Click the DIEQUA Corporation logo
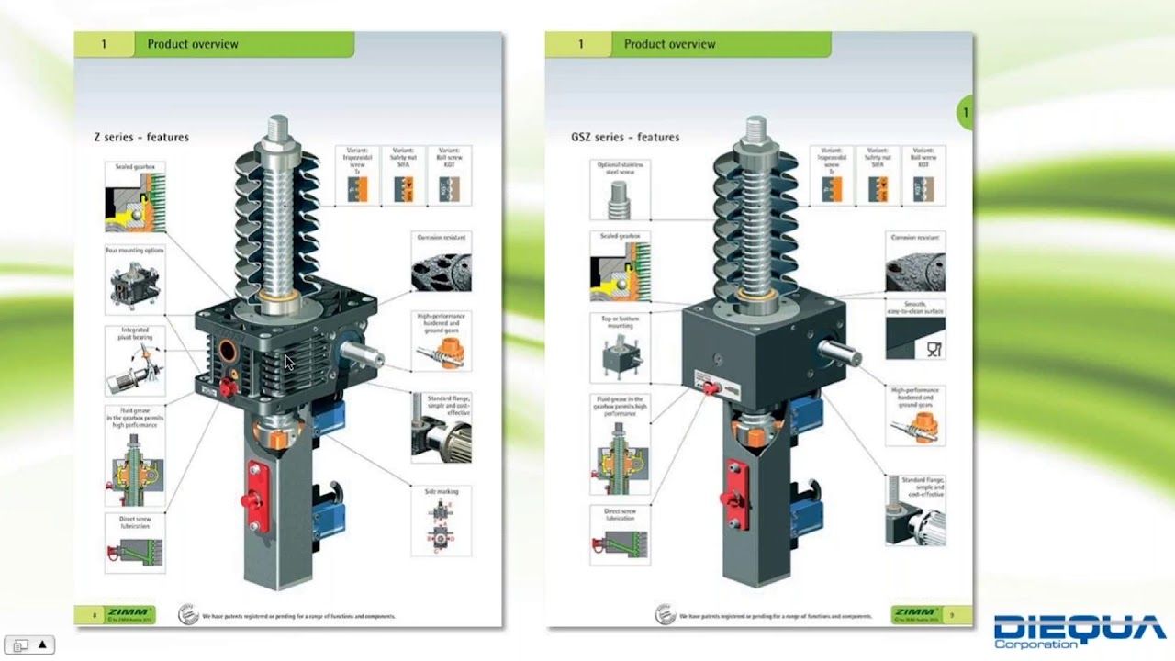coord(1080,632)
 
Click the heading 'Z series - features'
coord(141,137)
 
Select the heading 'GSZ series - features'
coord(625,137)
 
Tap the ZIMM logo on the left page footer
coord(129,613)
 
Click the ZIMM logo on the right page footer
coord(916,613)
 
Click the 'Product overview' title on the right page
coord(669,44)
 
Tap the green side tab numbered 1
coord(965,113)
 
